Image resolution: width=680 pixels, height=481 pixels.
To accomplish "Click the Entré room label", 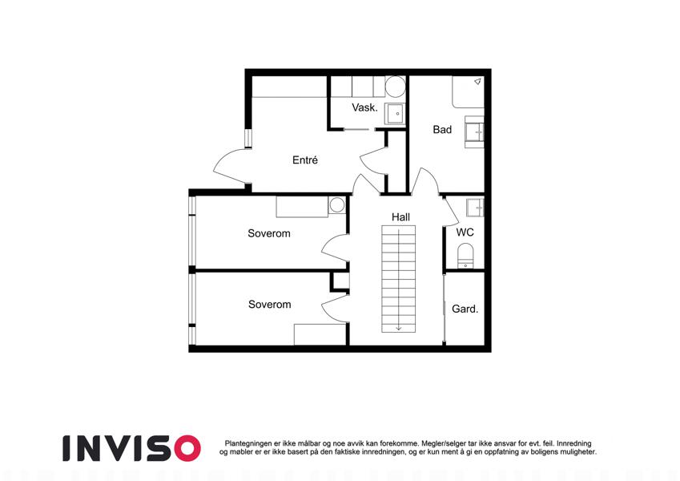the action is pyautogui.click(x=305, y=160).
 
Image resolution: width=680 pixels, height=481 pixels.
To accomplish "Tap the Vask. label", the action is pyautogui.click(x=364, y=107).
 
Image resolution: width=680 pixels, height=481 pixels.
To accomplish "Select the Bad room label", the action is pyautogui.click(x=442, y=129).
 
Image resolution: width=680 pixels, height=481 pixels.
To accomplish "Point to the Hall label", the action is pyautogui.click(x=400, y=216).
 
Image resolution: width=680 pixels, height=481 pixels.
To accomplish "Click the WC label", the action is pyautogui.click(x=465, y=232).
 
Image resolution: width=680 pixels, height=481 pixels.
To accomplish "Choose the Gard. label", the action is pyautogui.click(x=465, y=309).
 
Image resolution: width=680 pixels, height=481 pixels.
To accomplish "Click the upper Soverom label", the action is pyautogui.click(x=269, y=233).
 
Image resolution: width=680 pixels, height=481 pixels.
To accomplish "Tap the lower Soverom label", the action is pyautogui.click(x=269, y=305).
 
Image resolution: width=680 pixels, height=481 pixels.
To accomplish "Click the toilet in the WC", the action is pyautogui.click(x=466, y=256).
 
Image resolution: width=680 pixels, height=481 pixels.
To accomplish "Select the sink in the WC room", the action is pyautogui.click(x=475, y=208).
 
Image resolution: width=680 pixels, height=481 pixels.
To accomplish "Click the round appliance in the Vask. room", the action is pyautogui.click(x=395, y=87).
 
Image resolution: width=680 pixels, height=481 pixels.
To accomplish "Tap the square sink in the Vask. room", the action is pyautogui.click(x=395, y=114).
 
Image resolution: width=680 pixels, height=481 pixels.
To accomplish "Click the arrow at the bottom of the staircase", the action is pyautogui.click(x=399, y=327).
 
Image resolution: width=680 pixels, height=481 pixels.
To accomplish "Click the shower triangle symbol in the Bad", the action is pyautogui.click(x=478, y=81).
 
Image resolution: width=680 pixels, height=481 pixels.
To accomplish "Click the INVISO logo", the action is pyautogui.click(x=132, y=448).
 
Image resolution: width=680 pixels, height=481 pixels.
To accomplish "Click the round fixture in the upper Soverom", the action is pyautogui.click(x=336, y=204).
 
